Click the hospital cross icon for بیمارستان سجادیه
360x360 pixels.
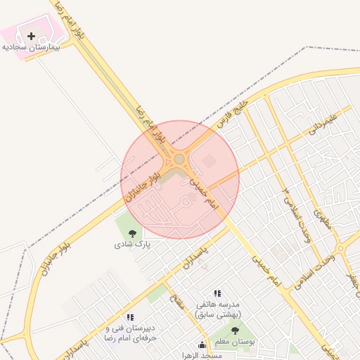31,36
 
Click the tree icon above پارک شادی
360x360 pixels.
132,233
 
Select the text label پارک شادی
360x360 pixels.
132,245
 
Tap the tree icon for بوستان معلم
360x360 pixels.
235,330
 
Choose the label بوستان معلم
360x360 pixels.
235,342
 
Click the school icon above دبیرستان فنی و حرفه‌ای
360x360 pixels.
130,318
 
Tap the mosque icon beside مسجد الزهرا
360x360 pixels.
203,345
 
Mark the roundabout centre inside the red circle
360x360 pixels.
180,160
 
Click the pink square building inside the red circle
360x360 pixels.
209,162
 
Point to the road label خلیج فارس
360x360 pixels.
234,112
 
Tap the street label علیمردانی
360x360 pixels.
324,124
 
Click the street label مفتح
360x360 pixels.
178,305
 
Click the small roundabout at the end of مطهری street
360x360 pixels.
340,248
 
